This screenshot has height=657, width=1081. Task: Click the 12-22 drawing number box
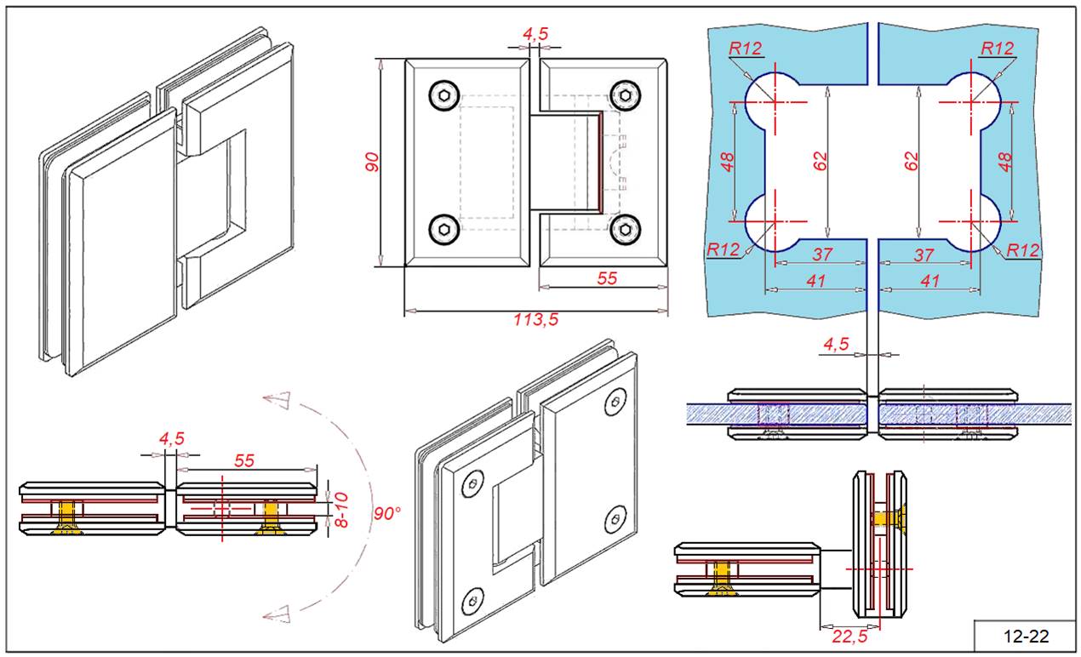1026,636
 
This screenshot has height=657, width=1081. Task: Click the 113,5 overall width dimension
535,321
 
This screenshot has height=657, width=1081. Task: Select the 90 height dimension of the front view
372,163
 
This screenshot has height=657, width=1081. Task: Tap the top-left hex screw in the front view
443,95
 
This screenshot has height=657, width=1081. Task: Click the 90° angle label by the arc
388,513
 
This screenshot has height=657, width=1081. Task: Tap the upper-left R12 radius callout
745,49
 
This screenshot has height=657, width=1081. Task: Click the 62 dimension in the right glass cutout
912,162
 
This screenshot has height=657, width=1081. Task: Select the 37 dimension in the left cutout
821,254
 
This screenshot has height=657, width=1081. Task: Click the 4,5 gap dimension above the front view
535,34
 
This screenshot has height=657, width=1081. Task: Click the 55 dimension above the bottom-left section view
244,460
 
